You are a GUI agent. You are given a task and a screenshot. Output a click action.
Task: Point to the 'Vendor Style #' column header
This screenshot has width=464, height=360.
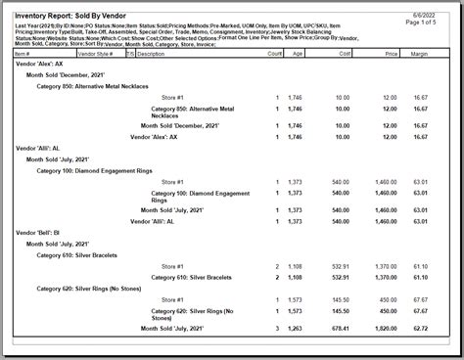click(x=98, y=54)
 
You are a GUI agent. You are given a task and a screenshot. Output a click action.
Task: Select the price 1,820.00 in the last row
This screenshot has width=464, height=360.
click(x=385, y=328)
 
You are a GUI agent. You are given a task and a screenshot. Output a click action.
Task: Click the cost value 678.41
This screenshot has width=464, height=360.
click(x=339, y=328)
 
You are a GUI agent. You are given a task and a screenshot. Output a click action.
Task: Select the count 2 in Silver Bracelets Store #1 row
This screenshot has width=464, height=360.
click(x=277, y=265)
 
